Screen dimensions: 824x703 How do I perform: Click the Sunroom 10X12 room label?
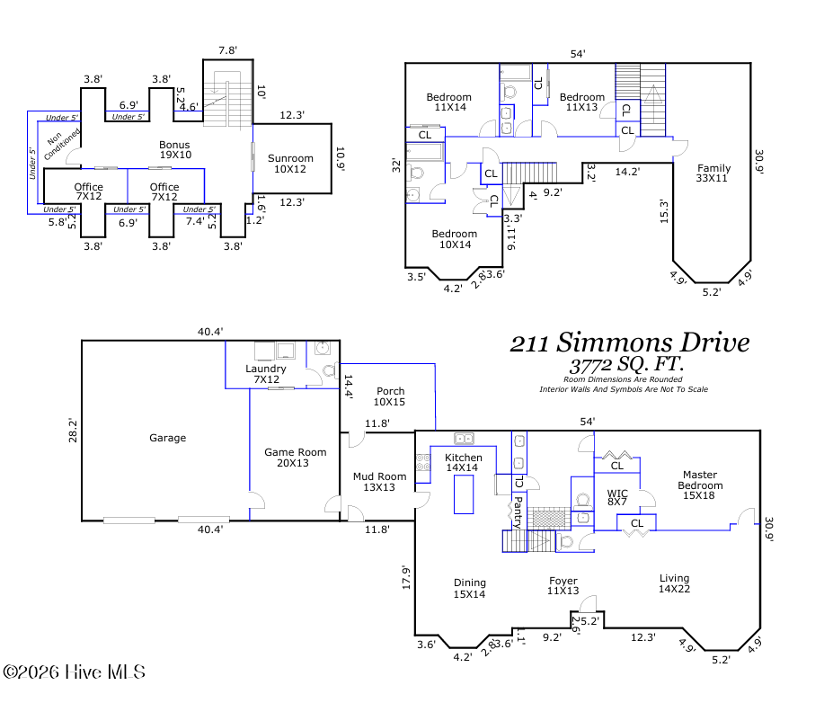pyautogui.click(x=290, y=164)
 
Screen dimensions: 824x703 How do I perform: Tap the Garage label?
pyautogui.click(x=168, y=438)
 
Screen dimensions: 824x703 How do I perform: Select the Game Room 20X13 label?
pyautogui.click(x=295, y=458)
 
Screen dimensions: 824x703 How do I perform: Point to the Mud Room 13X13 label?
pyautogui.click(x=379, y=482)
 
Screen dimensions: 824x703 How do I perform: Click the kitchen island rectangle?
pyautogui.click(x=464, y=494)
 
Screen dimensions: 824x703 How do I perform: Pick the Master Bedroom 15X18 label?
pyautogui.click(x=700, y=485)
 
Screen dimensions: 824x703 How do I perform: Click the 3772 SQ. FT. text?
pyautogui.click(x=626, y=364)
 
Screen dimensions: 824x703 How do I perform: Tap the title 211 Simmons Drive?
pyautogui.click(x=630, y=343)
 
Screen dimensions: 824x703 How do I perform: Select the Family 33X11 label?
pyautogui.click(x=713, y=173)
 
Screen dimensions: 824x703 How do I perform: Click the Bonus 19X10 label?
pyautogui.click(x=175, y=150)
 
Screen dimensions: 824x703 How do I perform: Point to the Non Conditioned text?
pyautogui.click(x=60, y=143)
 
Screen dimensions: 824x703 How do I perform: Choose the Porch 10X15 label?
pyautogui.click(x=390, y=396)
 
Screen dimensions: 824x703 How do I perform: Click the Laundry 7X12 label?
pyautogui.click(x=266, y=374)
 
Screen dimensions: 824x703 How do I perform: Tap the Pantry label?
pyautogui.click(x=517, y=512)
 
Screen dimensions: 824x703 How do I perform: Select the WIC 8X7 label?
pyautogui.click(x=617, y=497)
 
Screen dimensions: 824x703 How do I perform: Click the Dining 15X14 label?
pyautogui.click(x=469, y=588)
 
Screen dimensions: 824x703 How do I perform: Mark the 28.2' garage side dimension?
pyautogui.click(x=73, y=430)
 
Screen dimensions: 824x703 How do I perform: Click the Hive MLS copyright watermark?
pyautogui.click(x=74, y=672)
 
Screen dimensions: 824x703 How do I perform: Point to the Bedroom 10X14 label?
pyautogui.click(x=455, y=239)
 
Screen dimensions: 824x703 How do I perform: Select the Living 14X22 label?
pyautogui.click(x=674, y=583)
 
